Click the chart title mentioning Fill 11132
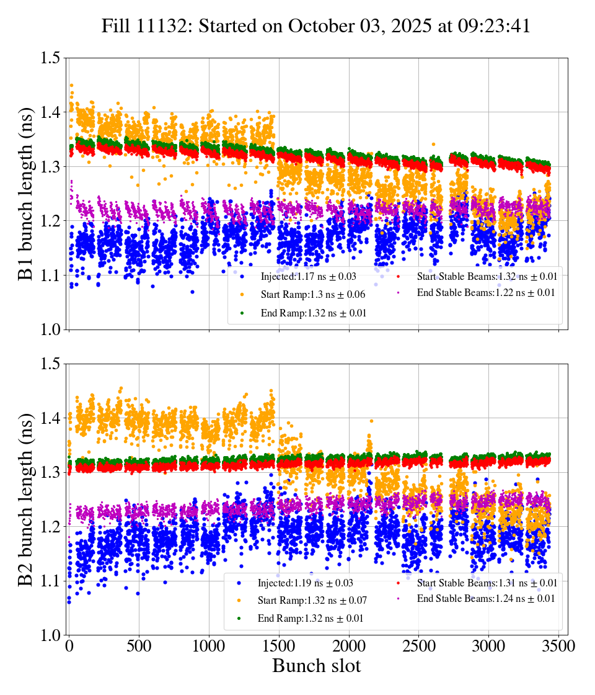(316, 27)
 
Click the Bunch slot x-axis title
(316, 666)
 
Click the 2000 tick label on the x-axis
(349, 646)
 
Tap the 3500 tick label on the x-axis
(558, 646)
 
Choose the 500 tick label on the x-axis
(139, 646)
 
